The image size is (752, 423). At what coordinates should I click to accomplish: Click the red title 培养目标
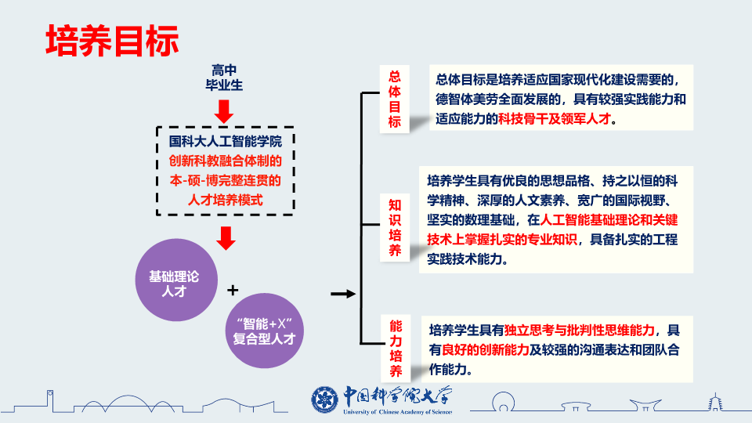point(112,41)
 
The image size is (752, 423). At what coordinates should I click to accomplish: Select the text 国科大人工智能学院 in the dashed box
point(226,143)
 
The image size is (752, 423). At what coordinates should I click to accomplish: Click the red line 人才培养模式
point(226,201)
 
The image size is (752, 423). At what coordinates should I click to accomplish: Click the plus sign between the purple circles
point(232,291)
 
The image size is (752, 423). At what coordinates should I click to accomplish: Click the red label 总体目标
point(395,99)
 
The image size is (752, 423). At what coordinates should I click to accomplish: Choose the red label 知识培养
point(396,228)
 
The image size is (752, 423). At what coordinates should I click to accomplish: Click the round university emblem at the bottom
point(324,399)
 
